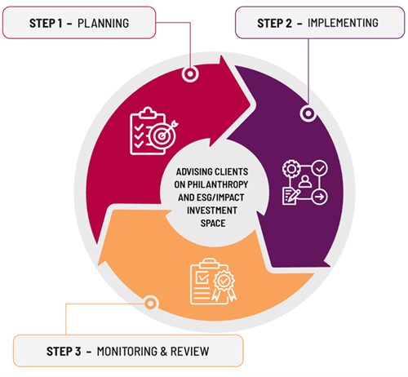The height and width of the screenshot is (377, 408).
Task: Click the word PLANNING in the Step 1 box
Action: coord(104,24)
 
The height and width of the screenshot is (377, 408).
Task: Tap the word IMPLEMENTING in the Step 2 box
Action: coord(343,23)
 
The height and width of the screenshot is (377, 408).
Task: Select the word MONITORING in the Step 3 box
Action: coord(126,352)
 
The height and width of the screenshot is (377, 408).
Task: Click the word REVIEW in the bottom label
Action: coord(189,352)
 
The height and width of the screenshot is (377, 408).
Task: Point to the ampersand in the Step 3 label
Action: coord(163,352)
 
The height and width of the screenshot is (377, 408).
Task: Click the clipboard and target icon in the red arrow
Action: coord(153,131)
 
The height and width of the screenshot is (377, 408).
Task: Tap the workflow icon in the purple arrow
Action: coord(305,182)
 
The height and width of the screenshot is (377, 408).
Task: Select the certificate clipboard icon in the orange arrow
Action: coord(213,281)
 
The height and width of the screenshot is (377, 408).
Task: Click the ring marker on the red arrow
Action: coord(190,73)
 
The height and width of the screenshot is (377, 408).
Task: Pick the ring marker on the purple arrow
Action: coord(308,113)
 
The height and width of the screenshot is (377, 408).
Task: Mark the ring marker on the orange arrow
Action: coord(150,303)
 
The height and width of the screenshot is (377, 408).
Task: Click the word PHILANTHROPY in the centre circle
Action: coord(218,184)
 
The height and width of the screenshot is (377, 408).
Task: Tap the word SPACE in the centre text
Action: coord(213,224)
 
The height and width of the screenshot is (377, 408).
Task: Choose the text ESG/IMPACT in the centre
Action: coord(220,197)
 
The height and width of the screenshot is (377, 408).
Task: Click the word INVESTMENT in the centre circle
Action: coord(212,211)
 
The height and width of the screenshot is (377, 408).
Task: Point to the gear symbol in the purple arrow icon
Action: coord(291,169)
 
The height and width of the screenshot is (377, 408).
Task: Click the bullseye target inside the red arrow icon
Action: coord(162,135)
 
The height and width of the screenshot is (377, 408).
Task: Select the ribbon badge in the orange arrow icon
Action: coord(224,285)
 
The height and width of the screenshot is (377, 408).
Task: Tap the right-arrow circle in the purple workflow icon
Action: coord(320,197)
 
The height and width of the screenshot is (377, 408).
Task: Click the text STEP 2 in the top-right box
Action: coord(275,24)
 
